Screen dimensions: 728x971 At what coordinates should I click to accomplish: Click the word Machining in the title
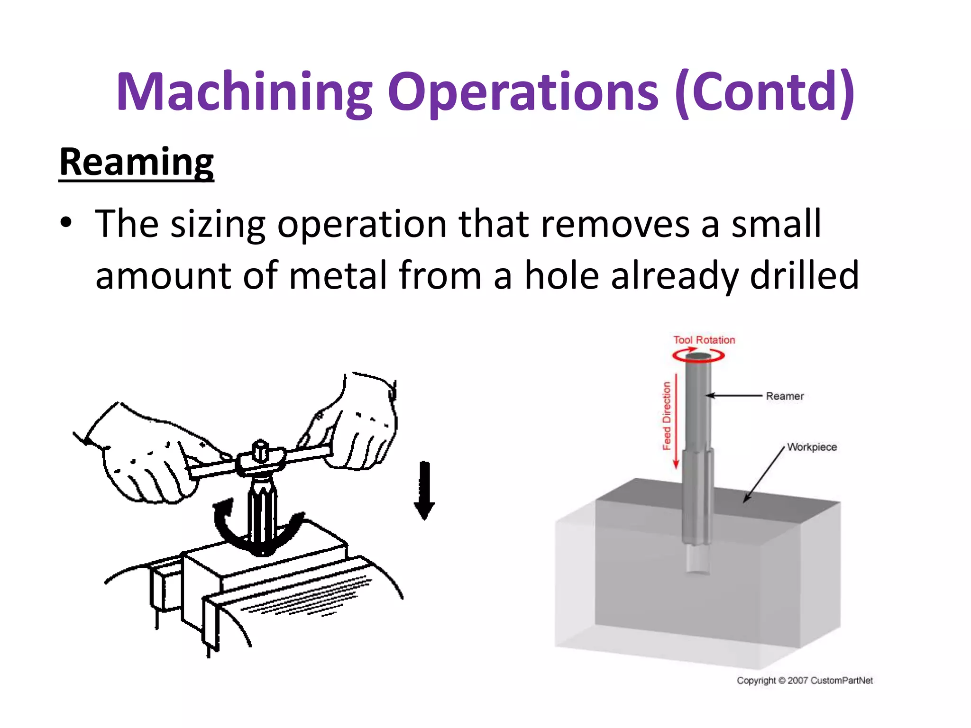tap(244, 92)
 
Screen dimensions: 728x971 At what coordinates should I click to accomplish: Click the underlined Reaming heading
tap(137, 163)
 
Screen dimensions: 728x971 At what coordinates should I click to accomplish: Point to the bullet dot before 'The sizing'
tap(66, 222)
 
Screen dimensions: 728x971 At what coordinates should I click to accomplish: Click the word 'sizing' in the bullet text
tap(218, 224)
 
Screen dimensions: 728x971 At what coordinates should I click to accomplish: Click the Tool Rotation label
tap(704, 340)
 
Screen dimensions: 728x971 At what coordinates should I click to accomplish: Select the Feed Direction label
tap(667, 416)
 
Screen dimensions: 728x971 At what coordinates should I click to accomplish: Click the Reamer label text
tap(785, 396)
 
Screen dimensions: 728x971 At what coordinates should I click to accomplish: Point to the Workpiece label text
tap(812, 447)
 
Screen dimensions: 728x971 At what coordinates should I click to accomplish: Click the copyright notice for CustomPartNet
tap(805, 681)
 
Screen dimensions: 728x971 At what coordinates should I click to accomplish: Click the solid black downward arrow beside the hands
tap(424, 491)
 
